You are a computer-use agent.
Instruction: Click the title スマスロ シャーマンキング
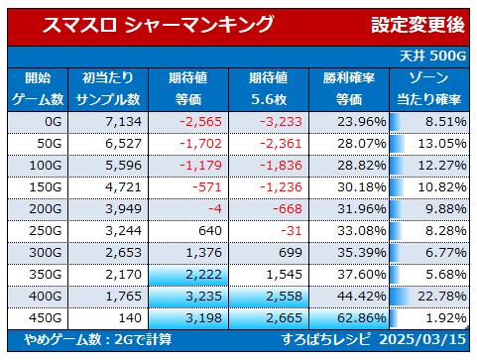click(158, 25)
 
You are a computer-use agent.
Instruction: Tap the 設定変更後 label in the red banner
click(417, 25)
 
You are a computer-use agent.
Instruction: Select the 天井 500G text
click(432, 56)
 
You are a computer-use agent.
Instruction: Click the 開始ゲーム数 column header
click(38, 89)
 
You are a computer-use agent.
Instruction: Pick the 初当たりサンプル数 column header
click(108, 89)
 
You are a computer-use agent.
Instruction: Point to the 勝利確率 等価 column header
click(349, 89)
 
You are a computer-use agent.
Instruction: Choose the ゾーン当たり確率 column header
click(428, 89)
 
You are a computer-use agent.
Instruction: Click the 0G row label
click(54, 122)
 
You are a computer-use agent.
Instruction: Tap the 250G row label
click(46, 231)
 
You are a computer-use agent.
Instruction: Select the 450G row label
click(46, 318)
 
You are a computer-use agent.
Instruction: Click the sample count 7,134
click(123, 122)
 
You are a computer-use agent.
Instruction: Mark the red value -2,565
click(200, 122)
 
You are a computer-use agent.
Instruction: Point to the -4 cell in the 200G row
click(215, 209)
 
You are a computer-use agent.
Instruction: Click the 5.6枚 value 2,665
click(284, 318)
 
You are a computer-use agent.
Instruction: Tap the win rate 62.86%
click(362, 318)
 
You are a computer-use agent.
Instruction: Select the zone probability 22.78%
click(442, 297)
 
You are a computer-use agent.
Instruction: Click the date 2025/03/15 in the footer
click(422, 339)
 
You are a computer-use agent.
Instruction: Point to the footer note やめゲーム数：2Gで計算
click(97, 339)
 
